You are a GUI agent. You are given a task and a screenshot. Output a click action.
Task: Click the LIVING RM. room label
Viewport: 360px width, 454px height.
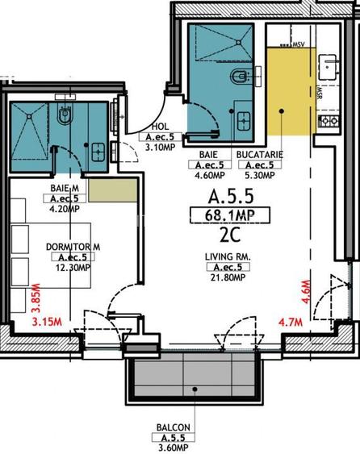click(230, 257)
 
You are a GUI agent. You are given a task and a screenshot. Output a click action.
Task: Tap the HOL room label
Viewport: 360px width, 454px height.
click(159, 127)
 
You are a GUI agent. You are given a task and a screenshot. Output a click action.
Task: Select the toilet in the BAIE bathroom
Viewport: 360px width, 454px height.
click(239, 77)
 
